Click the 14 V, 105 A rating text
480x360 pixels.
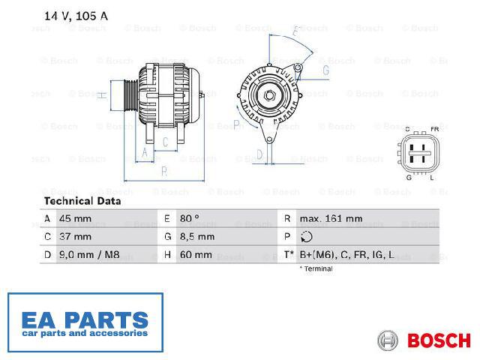coord(76,16)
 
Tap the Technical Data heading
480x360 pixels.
coord(82,201)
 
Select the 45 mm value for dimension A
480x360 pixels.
coord(75,218)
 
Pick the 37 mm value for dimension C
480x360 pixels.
coord(75,237)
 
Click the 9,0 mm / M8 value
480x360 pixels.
coord(89,255)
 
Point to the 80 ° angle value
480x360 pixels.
coord(190,218)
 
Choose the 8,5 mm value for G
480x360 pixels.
coord(197,237)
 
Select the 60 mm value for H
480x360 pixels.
coord(196,255)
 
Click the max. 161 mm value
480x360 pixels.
coord(331,218)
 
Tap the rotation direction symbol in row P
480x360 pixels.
coord(307,237)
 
